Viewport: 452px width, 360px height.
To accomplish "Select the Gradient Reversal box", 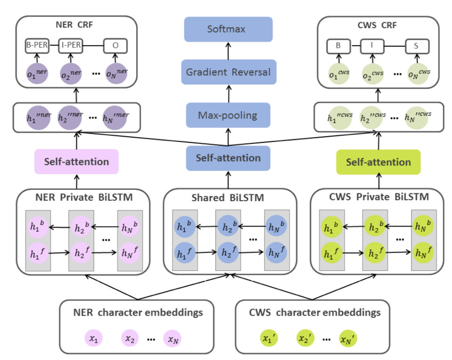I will coord(228,72).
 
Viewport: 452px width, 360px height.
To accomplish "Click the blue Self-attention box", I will coord(228,158).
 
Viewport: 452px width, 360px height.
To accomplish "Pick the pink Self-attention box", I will coord(76,162).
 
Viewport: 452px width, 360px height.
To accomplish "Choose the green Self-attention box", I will coord(378,162).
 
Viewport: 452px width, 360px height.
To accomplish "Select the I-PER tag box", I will coord(71,46).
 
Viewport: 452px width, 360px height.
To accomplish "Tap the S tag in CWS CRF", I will coord(417,46).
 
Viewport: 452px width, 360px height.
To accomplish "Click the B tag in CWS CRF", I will coord(339,46).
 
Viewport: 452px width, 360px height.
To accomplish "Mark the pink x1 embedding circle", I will coord(93,338).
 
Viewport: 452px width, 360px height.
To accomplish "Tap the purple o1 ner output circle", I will coord(37,74).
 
